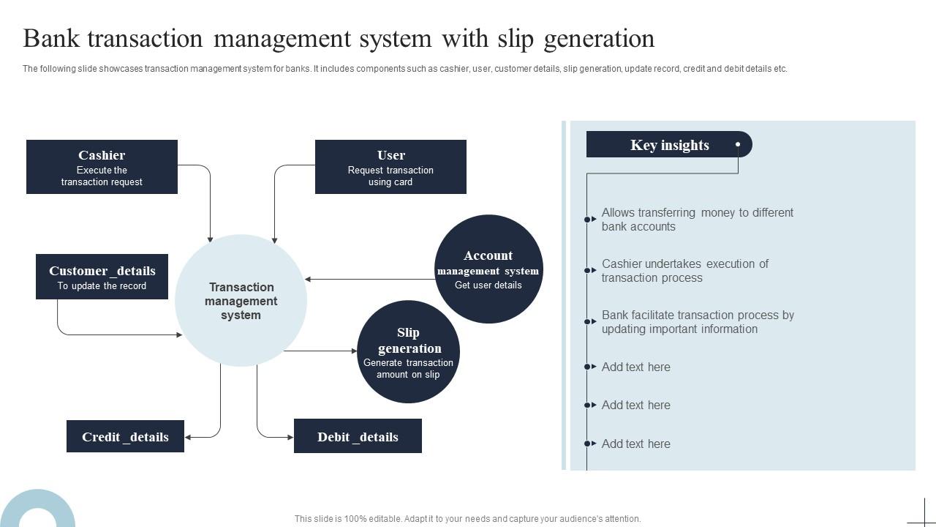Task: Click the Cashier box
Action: pyautogui.click(x=102, y=167)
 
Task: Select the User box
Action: pyautogui.click(x=390, y=167)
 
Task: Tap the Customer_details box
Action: pyautogui.click(x=102, y=277)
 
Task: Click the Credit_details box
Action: pyautogui.click(x=125, y=437)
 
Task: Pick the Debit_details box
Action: pyautogui.click(x=358, y=437)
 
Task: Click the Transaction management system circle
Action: pyautogui.click(x=241, y=301)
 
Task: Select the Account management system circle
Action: pyautogui.click(x=488, y=269)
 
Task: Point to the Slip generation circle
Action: pyautogui.click(x=408, y=352)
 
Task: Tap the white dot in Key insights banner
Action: pyautogui.click(x=738, y=144)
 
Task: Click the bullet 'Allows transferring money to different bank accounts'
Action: pyautogui.click(x=697, y=220)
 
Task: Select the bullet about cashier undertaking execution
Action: pyautogui.click(x=684, y=271)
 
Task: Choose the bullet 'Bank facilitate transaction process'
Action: pyautogui.click(x=697, y=322)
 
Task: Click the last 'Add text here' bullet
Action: pyautogui.click(x=635, y=444)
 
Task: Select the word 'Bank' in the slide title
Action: pyautogui.click(x=50, y=39)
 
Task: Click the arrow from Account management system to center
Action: pyautogui.click(x=370, y=279)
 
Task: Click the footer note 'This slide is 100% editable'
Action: pyautogui.click(x=467, y=519)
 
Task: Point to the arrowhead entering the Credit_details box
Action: pyautogui.click(x=189, y=438)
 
